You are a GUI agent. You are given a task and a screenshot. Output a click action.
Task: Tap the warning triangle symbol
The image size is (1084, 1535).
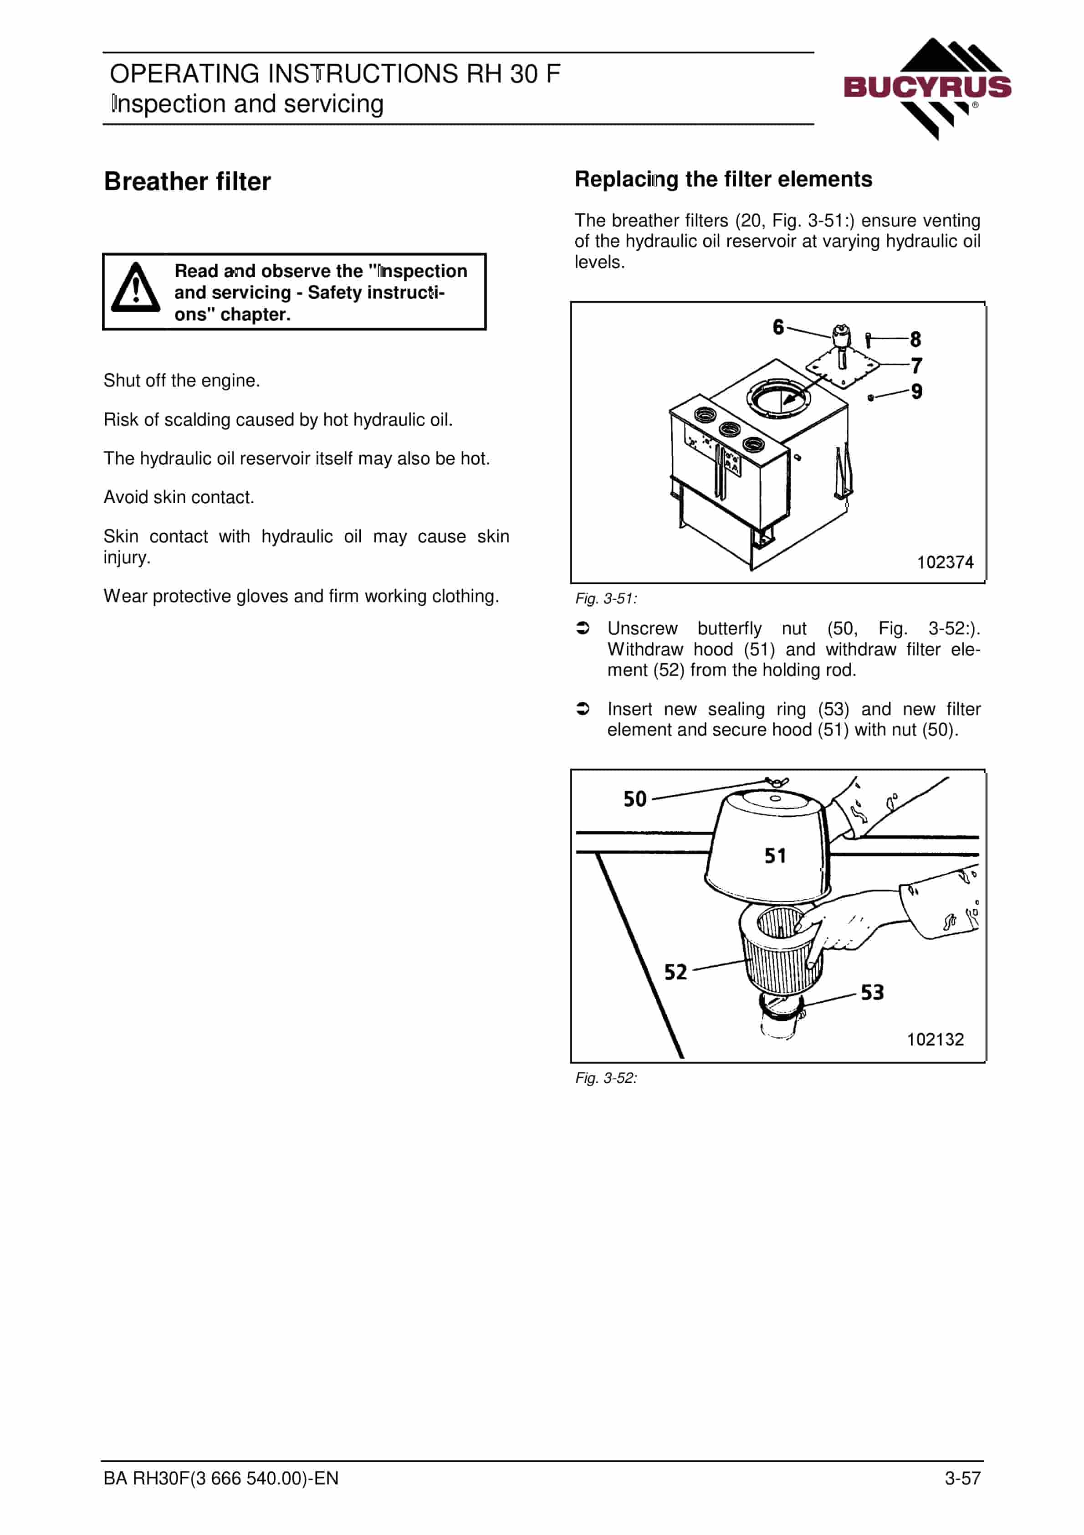click(x=136, y=288)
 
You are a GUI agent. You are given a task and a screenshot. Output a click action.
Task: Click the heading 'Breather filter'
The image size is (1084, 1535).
click(x=187, y=182)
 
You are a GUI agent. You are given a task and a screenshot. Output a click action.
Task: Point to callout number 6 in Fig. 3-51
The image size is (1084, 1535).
click(x=778, y=327)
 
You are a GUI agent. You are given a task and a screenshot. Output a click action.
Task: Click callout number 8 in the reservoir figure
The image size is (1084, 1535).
click(x=915, y=340)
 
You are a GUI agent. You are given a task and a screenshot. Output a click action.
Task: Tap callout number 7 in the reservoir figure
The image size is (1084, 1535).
click(x=916, y=366)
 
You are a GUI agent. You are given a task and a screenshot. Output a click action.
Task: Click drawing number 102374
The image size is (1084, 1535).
click(x=945, y=562)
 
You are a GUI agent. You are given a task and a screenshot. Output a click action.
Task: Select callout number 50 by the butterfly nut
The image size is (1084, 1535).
click(x=635, y=799)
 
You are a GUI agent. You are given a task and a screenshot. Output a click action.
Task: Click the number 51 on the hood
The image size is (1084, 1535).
click(x=775, y=856)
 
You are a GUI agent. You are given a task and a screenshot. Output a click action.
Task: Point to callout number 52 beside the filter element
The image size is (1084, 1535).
click(x=675, y=972)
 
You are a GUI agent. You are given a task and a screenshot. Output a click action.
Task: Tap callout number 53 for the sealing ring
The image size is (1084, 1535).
click(x=872, y=992)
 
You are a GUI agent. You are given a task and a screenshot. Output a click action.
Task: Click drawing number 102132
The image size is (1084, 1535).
click(x=935, y=1040)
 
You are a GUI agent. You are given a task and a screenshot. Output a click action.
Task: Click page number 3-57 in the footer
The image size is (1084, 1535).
click(x=962, y=1478)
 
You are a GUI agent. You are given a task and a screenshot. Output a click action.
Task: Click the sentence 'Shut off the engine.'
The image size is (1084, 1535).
click(x=182, y=381)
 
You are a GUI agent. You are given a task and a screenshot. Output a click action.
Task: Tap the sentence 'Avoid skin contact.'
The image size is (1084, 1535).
click(x=179, y=497)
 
